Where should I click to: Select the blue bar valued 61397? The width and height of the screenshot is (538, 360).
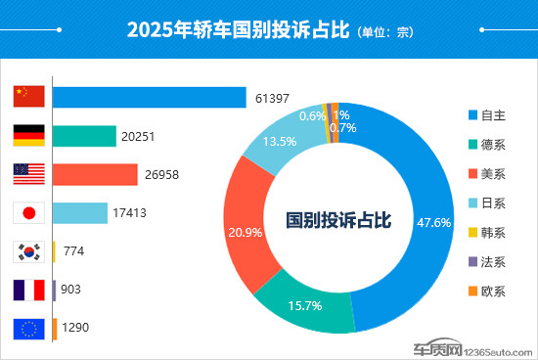(149, 97)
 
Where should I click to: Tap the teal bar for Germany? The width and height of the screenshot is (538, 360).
(83, 136)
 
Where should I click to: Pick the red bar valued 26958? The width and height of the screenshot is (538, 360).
(95, 174)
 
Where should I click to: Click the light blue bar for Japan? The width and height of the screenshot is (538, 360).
(79, 212)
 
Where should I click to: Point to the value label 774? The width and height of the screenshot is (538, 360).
(73, 251)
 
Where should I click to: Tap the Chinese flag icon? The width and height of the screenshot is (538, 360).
(29, 96)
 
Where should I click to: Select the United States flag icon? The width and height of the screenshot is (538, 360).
(29, 174)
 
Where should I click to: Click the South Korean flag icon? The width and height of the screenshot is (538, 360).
(29, 251)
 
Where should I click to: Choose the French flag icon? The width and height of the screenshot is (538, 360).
(29, 291)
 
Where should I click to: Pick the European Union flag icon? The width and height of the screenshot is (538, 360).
(29, 329)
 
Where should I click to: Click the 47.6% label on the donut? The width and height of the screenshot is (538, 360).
(433, 222)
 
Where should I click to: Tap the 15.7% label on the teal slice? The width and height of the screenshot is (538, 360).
(305, 306)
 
